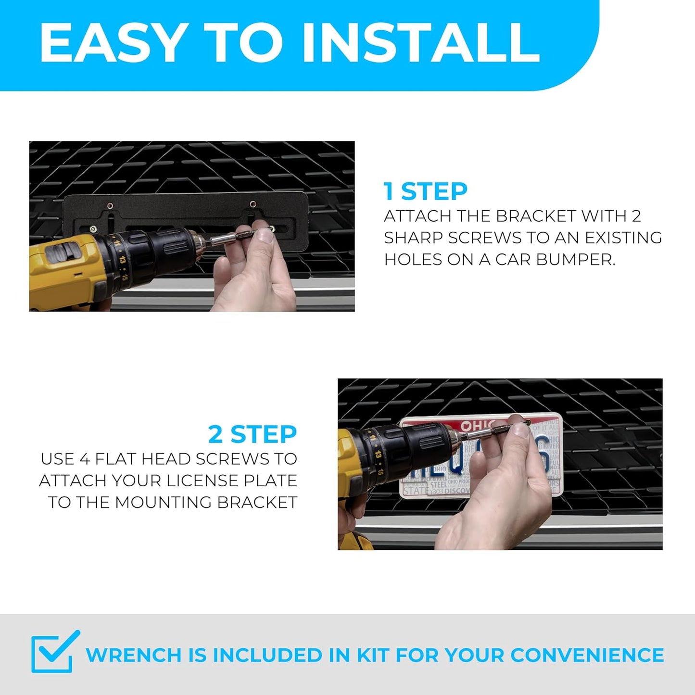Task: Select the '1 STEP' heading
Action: point(426,191)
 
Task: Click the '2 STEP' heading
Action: point(253,434)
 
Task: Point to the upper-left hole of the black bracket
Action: point(110,206)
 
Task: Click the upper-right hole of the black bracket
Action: point(253,204)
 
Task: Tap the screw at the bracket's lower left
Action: point(93,228)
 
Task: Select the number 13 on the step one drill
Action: point(123,259)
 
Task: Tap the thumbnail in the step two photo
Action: point(519,430)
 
